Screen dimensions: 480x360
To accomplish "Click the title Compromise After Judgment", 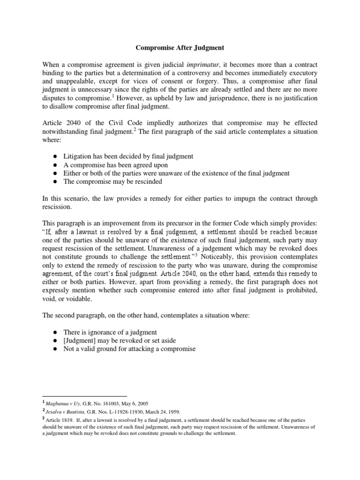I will point(180,47).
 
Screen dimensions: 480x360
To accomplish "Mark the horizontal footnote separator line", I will point(84,396).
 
